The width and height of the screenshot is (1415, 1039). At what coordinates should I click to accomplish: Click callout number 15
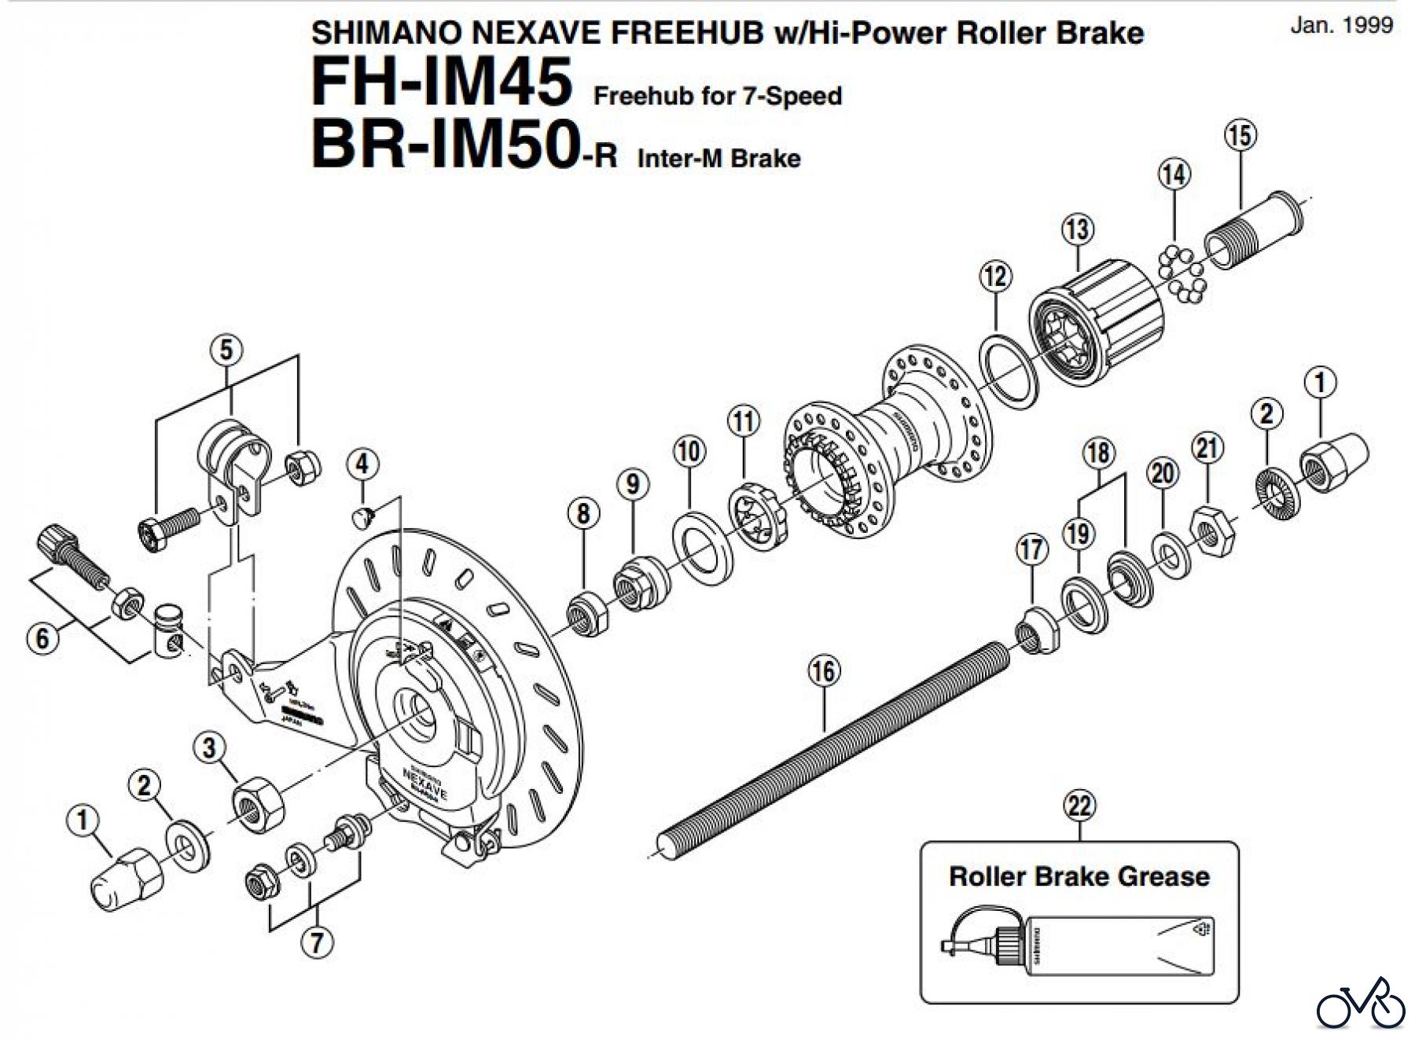tap(1240, 135)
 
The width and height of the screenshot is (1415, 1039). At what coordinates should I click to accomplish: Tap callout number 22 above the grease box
tap(1079, 806)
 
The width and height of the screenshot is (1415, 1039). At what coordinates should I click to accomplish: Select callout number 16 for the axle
tap(823, 671)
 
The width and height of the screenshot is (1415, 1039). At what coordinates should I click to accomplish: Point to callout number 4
tap(362, 464)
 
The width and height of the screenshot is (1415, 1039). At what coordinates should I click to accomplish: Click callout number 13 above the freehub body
tap(1077, 229)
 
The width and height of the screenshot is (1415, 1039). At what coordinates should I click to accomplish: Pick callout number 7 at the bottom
tap(317, 942)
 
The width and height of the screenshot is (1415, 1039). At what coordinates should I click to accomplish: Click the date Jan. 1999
tap(1341, 24)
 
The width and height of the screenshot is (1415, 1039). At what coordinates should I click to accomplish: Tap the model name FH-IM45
tap(441, 83)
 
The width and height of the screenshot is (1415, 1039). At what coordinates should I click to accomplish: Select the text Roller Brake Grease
tap(1079, 876)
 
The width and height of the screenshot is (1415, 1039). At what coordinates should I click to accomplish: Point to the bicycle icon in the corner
tap(1361, 1004)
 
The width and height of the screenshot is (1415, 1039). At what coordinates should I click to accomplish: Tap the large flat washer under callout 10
tap(703, 547)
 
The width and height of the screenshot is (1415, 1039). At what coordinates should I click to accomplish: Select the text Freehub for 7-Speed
tap(718, 96)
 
